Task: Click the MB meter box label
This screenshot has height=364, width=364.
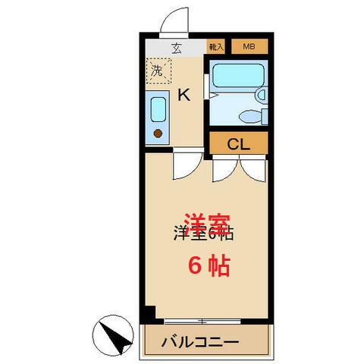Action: tap(249, 47)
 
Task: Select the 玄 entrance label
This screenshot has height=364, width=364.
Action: tap(176, 48)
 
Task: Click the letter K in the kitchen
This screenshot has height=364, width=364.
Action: tap(183, 95)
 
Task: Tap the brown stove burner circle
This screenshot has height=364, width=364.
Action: tap(158, 133)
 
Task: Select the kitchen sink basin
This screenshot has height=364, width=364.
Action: tap(158, 109)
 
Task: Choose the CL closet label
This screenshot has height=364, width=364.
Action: tap(237, 142)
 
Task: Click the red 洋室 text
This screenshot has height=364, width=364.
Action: tap(206, 224)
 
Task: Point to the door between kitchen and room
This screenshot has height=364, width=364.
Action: tap(187, 165)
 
